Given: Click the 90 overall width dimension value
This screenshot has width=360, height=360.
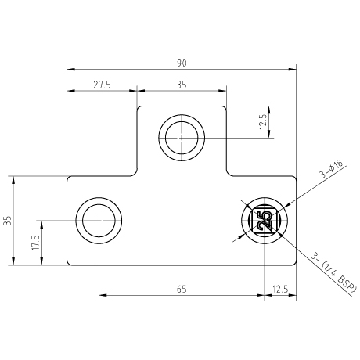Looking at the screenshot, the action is tap(182, 63).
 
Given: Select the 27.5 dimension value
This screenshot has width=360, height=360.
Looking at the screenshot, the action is tap(102, 85).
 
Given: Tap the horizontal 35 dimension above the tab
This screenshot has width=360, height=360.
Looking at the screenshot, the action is tap(182, 85).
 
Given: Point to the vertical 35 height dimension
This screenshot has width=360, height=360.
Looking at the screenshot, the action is tap(9, 221).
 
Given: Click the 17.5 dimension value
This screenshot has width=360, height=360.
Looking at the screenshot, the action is tap(36, 243).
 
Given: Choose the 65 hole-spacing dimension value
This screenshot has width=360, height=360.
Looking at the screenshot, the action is tap(182, 290).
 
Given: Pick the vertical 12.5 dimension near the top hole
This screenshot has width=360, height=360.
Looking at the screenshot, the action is tap(263, 122).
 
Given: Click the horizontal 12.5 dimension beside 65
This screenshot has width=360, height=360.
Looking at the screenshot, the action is tap(280, 290).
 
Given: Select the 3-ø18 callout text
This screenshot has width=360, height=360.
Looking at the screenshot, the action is tap(331, 170).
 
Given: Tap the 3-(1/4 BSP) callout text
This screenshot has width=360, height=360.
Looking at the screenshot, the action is tap(333, 274).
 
